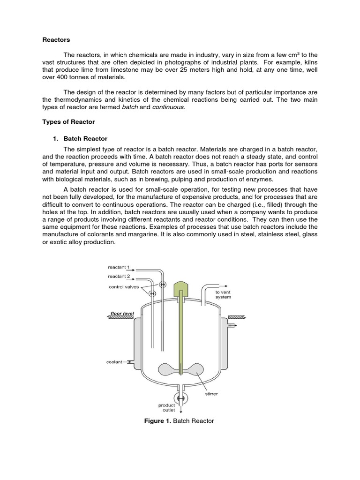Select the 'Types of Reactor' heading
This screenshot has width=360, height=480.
[x=68, y=122]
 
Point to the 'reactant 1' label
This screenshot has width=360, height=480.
[x=119, y=267]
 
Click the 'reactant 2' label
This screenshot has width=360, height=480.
[x=119, y=277]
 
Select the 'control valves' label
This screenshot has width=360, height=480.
[x=124, y=287]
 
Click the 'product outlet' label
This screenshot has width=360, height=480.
[x=166, y=408]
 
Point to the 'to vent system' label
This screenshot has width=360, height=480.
[x=223, y=294]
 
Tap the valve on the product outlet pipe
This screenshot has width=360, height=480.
[x=180, y=398]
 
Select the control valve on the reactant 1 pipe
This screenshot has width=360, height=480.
[x=163, y=285]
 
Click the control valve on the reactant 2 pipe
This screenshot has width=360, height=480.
[x=152, y=294]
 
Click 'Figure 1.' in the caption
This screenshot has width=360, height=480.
[x=158, y=421]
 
